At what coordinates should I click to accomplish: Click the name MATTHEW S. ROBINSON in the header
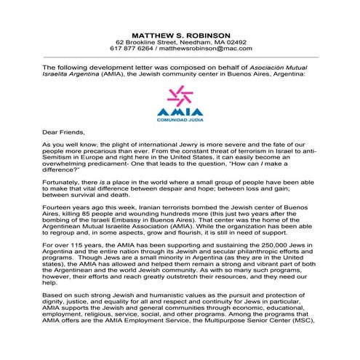[180, 34]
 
